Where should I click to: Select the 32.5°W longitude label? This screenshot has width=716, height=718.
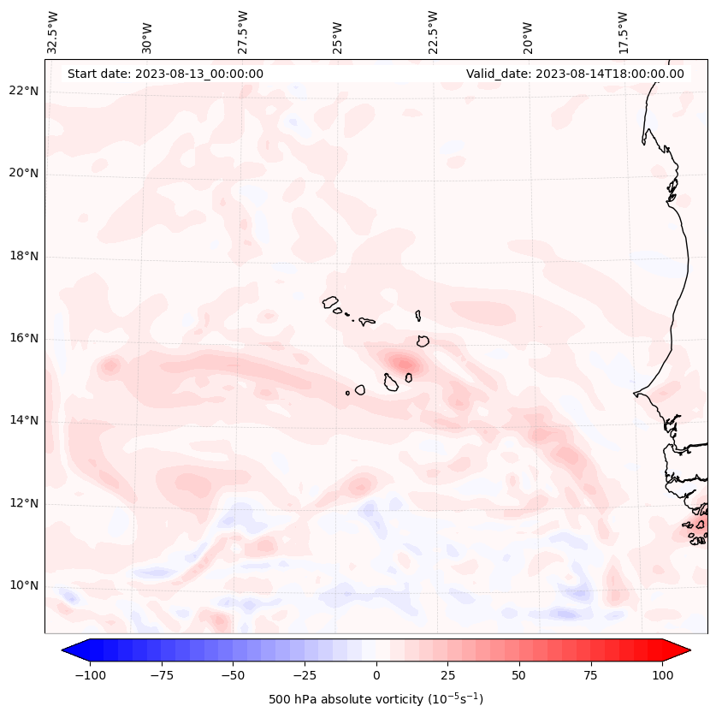click(53, 32)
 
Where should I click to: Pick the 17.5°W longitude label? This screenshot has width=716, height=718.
click(623, 32)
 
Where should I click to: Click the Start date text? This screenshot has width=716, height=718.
click(165, 74)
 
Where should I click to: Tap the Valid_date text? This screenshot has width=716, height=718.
click(575, 74)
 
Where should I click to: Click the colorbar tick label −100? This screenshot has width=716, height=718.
click(90, 675)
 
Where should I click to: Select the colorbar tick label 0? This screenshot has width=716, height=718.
click(376, 675)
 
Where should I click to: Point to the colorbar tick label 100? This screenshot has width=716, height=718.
click(662, 675)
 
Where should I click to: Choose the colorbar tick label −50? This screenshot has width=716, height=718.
click(233, 675)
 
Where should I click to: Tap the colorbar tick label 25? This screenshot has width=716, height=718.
click(447, 675)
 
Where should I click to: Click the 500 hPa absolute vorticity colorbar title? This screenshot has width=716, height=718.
click(376, 699)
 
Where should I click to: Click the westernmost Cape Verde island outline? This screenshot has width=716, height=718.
click(330, 301)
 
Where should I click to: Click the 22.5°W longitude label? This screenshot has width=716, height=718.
click(433, 32)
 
